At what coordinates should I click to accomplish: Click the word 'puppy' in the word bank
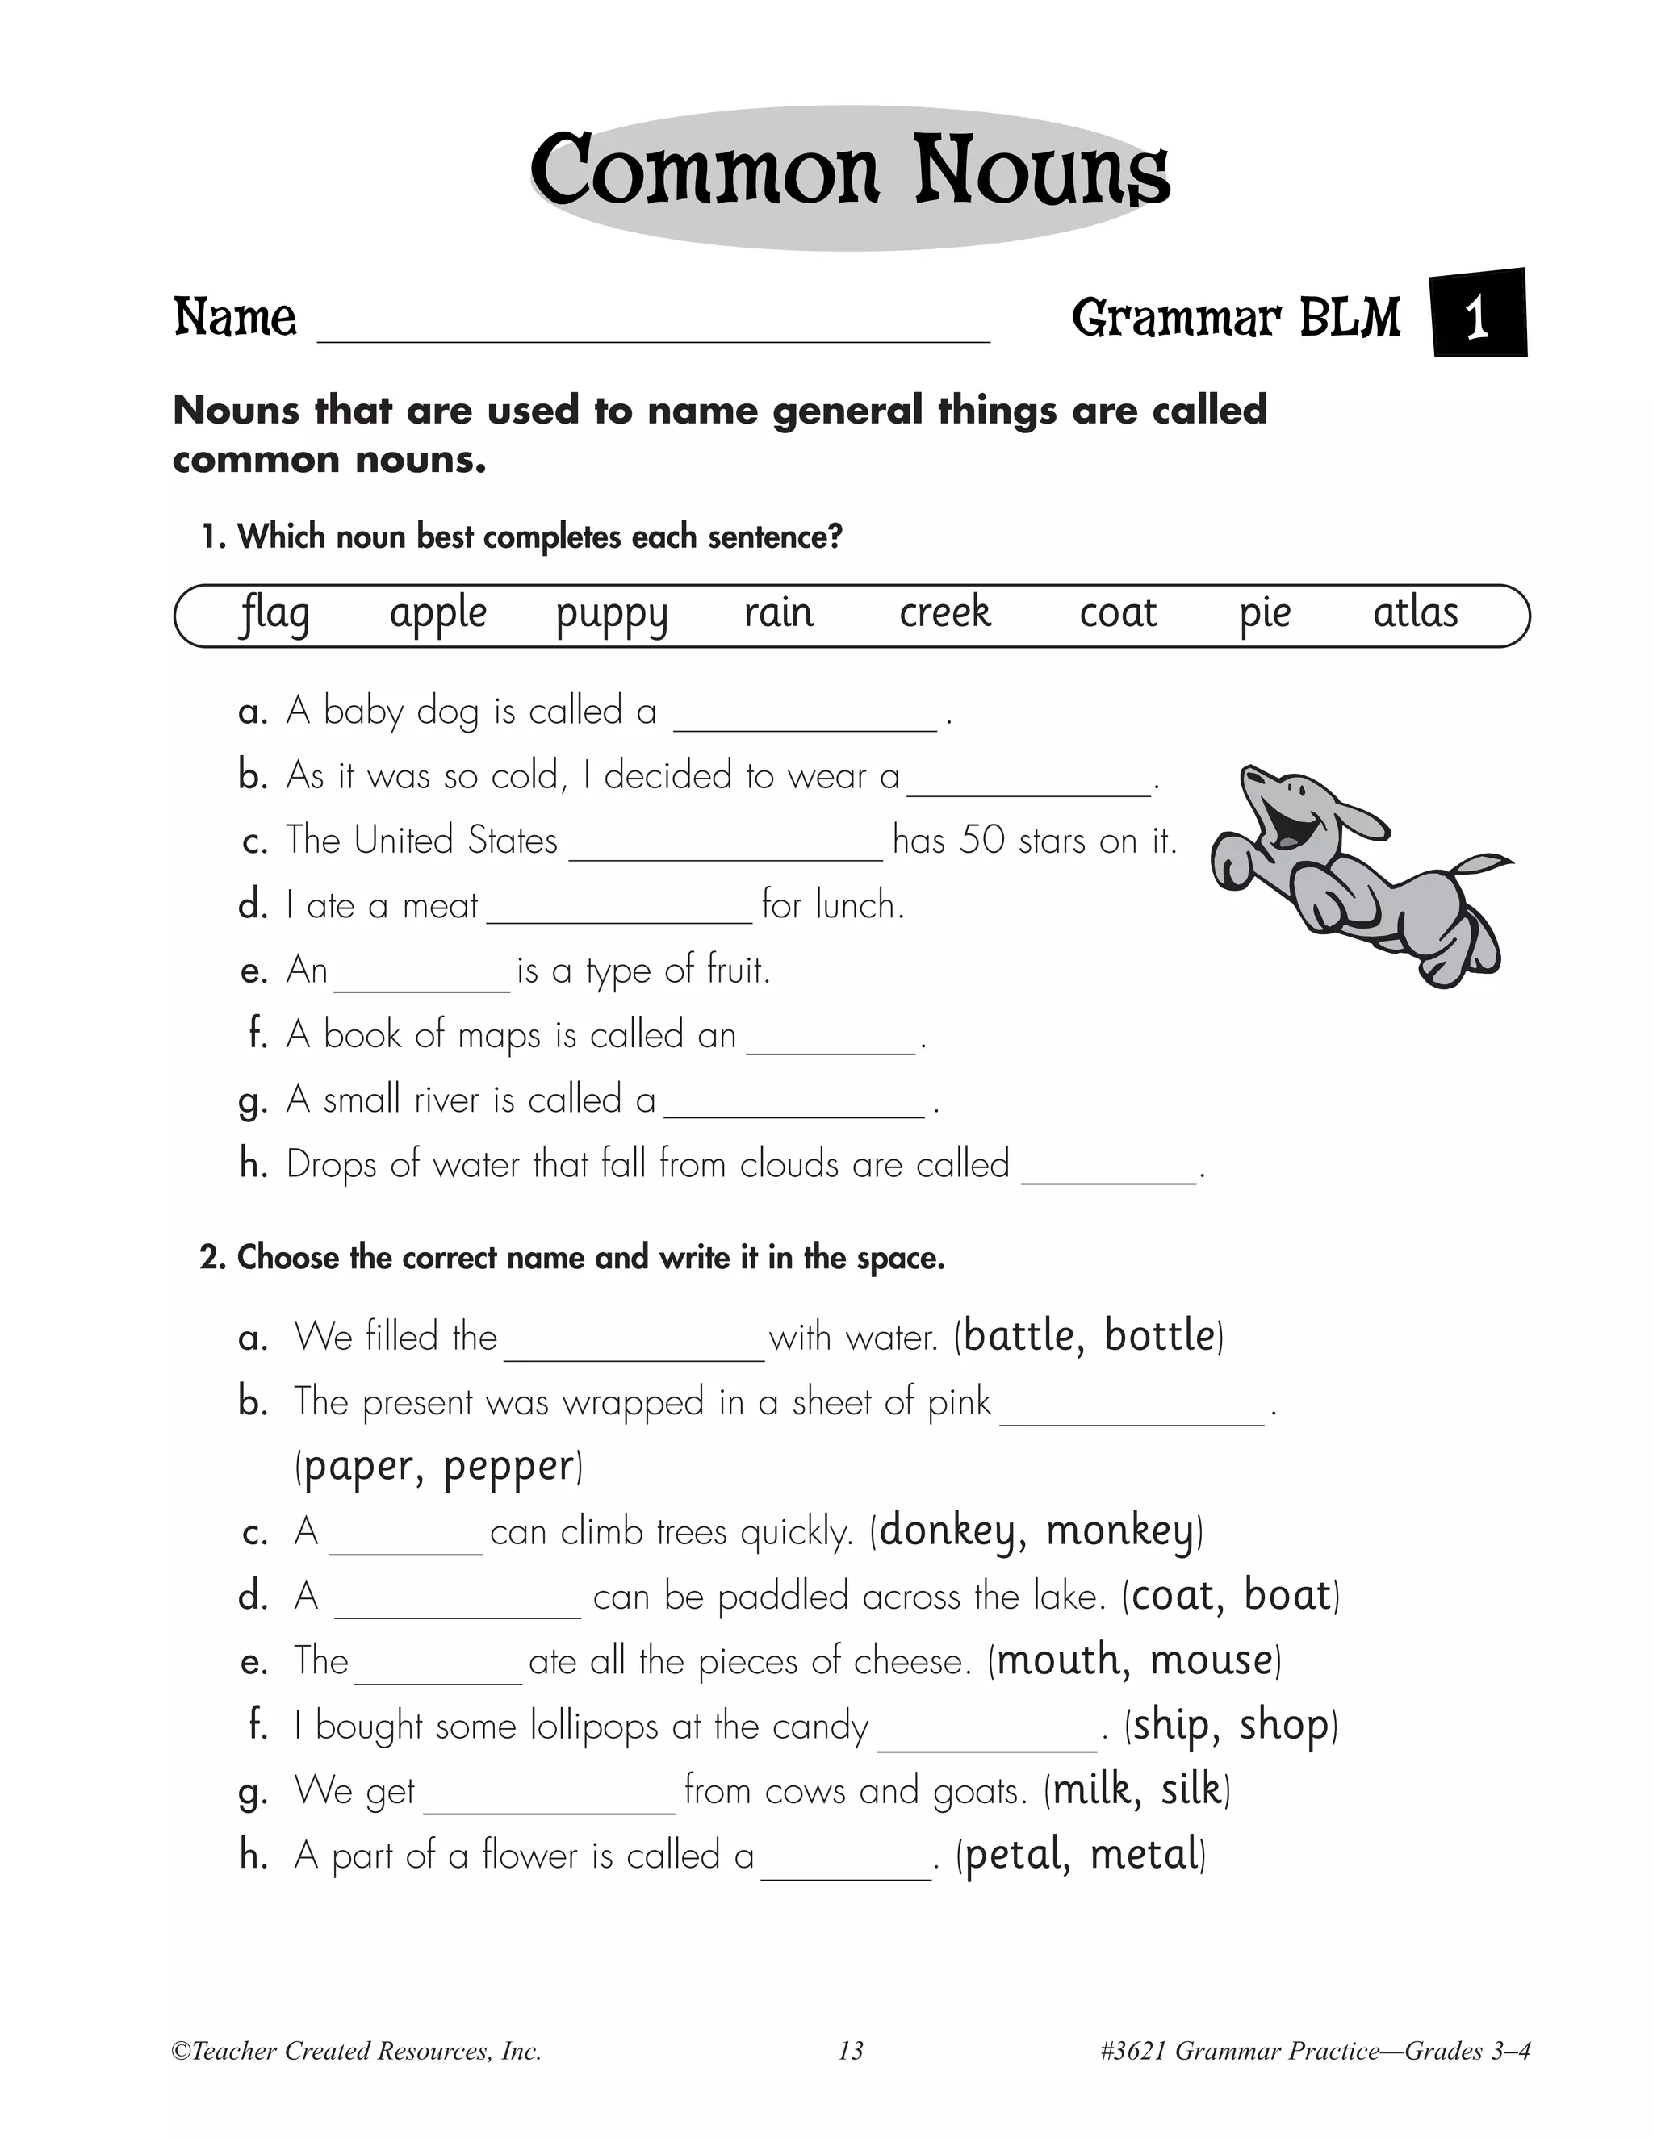pos(611,615)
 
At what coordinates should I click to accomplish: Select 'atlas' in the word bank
pos(1415,613)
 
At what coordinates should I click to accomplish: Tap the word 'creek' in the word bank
pos(945,613)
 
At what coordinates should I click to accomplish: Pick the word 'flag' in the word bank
pos(275,615)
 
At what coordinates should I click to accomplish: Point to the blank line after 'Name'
pos(653,328)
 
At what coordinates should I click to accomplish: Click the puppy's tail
pos(1479,866)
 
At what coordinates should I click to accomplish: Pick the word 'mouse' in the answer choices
pos(1212,1661)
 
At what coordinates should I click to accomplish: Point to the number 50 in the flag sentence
pos(982,841)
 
